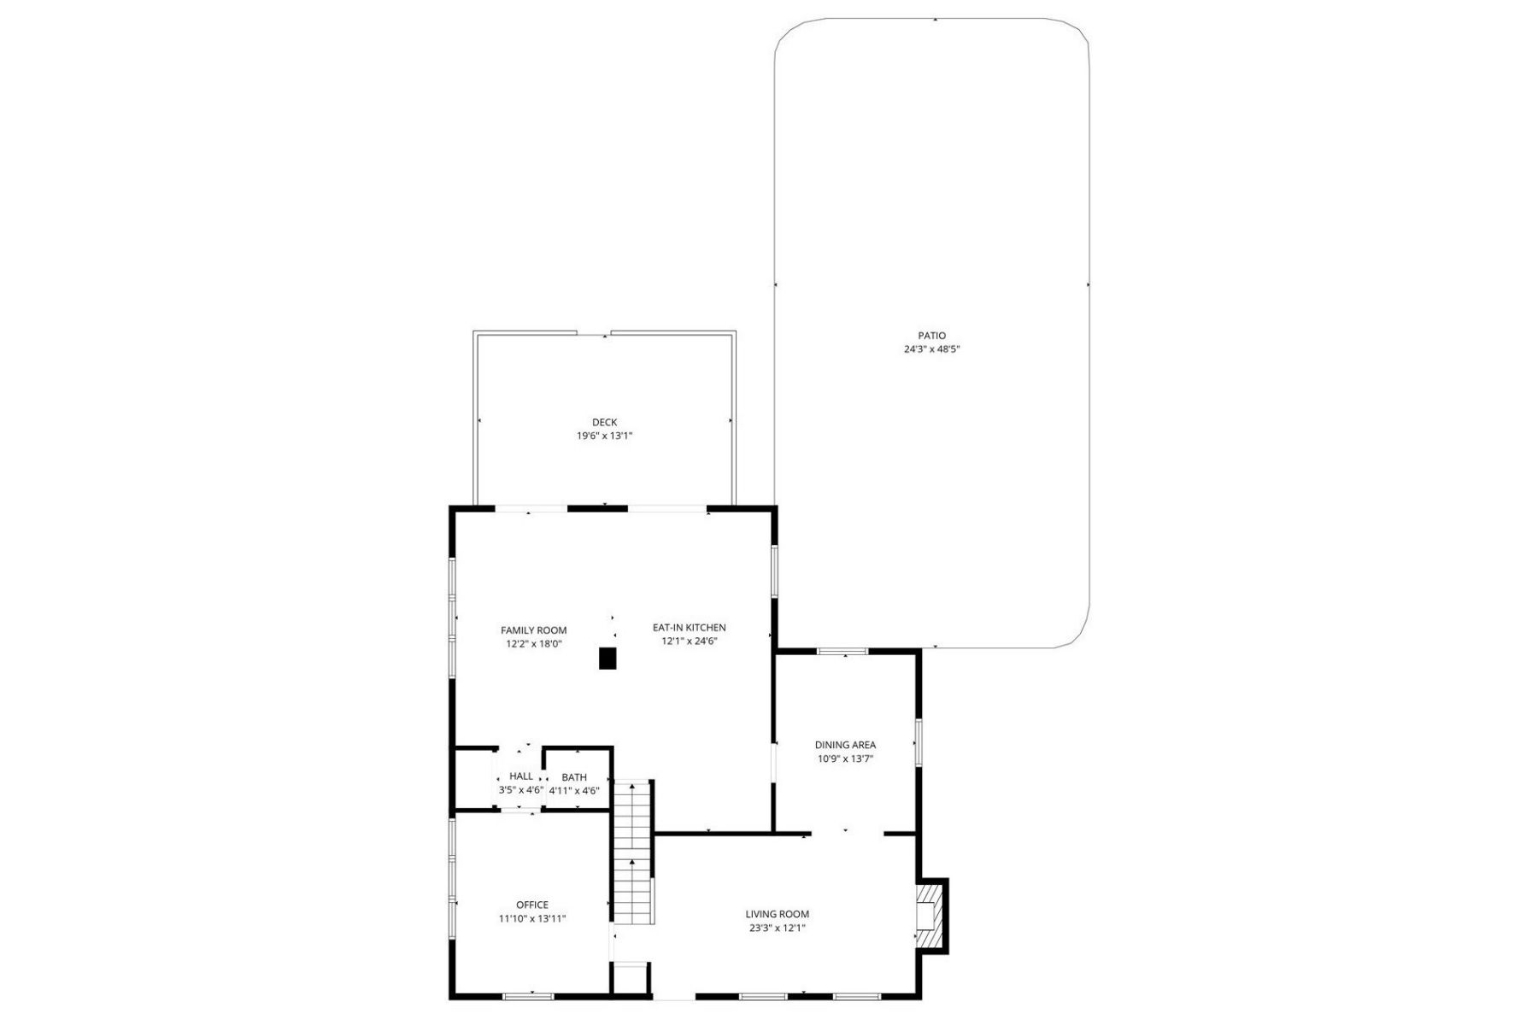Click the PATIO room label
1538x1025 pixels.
pos(932,336)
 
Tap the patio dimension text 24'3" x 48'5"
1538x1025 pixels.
pos(932,349)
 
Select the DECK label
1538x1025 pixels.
pos(604,422)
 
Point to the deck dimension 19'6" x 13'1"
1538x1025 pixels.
pos(604,436)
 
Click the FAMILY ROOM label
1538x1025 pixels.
pos(534,630)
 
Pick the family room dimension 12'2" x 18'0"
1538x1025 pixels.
pos(534,644)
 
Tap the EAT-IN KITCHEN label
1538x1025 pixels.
pos(690,628)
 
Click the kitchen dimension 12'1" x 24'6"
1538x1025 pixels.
pos(690,641)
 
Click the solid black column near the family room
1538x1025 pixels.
pos(608,659)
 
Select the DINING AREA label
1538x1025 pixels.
pos(845,745)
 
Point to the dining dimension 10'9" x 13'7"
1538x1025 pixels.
pos(845,758)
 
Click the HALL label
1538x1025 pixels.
pos(521,776)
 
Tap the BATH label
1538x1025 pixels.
pos(574,777)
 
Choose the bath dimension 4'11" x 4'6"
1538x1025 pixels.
pos(574,791)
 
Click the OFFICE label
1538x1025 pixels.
pos(532,905)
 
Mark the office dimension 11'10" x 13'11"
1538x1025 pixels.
pos(532,919)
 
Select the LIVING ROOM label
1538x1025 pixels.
pos(777,914)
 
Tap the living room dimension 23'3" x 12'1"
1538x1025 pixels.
pos(777,928)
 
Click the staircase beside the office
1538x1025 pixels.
pos(633,852)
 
